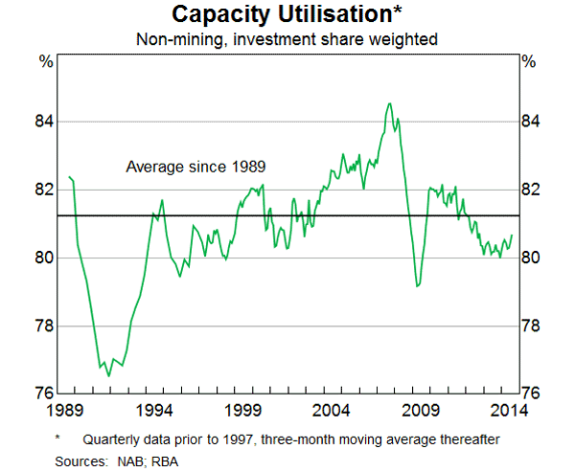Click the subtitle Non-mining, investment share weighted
click(287, 39)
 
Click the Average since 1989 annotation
click(195, 167)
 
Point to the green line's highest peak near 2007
click(389, 103)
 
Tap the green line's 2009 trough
click(417, 286)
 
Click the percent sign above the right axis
click(529, 62)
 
